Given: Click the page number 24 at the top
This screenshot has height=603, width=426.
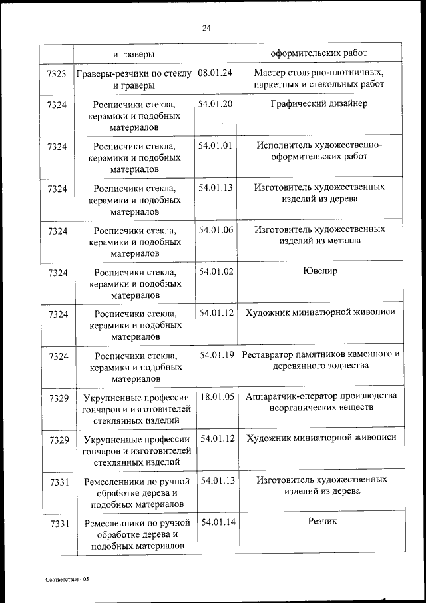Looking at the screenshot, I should (x=206, y=27).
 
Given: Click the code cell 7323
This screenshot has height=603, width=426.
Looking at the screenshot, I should (x=57, y=74).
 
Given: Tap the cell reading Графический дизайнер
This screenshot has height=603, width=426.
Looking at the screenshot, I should (x=319, y=104).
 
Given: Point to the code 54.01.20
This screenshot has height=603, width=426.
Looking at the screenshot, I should (x=215, y=104).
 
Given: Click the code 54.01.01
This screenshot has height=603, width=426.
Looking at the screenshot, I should (x=215, y=145).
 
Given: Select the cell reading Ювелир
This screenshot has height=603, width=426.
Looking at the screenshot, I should (x=319, y=271).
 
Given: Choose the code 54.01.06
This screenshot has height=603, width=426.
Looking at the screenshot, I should (x=215, y=229).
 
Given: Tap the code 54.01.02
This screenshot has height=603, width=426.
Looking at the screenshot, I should (x=215, y=271).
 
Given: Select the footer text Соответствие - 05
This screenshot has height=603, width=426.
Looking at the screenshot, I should (x=67, y=579).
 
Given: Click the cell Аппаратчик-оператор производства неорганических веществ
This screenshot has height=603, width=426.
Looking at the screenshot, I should (x=320, y=402).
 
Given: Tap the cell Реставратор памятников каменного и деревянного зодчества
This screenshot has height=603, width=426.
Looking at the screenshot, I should (x=320, y=360).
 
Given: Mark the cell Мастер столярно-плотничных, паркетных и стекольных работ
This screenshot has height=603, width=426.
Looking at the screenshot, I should (x=319, y=79).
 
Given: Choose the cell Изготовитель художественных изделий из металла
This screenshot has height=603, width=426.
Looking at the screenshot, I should (x=319, y=235).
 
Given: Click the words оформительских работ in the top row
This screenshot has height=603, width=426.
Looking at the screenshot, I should (x=319, y=53).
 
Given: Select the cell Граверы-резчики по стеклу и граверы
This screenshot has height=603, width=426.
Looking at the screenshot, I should (x=134, y=79).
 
